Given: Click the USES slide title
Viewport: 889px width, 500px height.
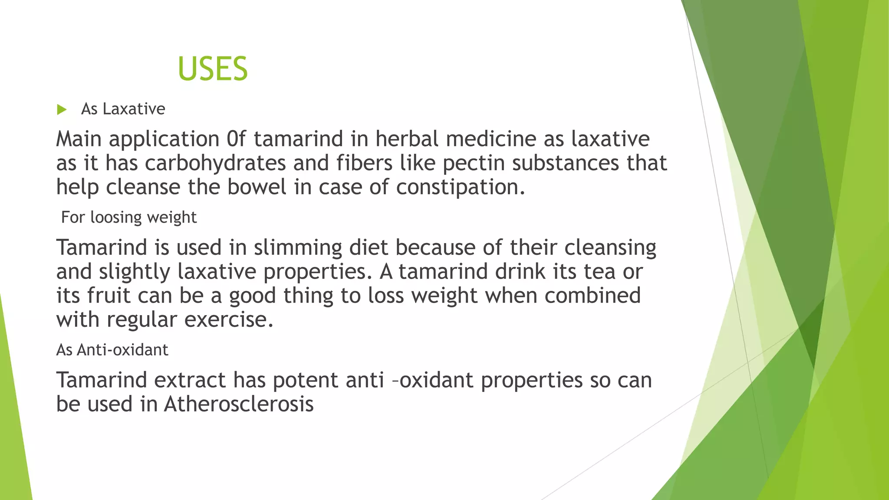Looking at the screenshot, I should click(213, 69).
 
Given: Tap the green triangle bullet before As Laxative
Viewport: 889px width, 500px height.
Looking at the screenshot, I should click(62, 109).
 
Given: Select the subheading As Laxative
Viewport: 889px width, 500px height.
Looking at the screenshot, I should click(123, 109).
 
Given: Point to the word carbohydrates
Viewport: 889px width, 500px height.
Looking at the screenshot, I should click(215, 164).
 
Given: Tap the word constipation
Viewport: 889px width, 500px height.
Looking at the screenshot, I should click(460, 187).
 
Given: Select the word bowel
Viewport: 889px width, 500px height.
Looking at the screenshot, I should click(257, 187).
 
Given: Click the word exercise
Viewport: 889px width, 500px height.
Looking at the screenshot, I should click(229, 320).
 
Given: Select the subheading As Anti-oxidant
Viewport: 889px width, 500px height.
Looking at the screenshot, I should click(112, 350).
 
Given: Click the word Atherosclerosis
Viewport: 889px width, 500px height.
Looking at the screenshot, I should click(239, 405).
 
